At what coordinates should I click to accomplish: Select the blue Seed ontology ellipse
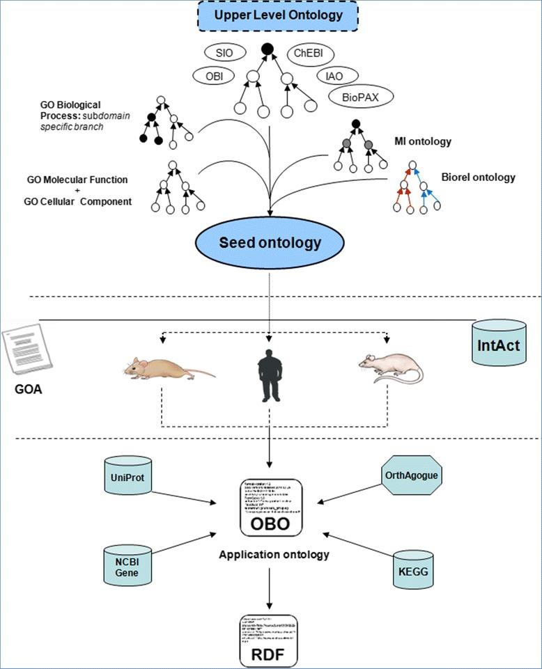click(x=271, y=242)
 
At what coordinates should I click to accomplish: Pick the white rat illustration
click(x=390, y=368)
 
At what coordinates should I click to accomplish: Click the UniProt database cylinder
click(x=128, y=478)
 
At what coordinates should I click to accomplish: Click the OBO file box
click(x=270, y=507)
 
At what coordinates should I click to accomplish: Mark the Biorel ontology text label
click(x=479, y=177)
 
